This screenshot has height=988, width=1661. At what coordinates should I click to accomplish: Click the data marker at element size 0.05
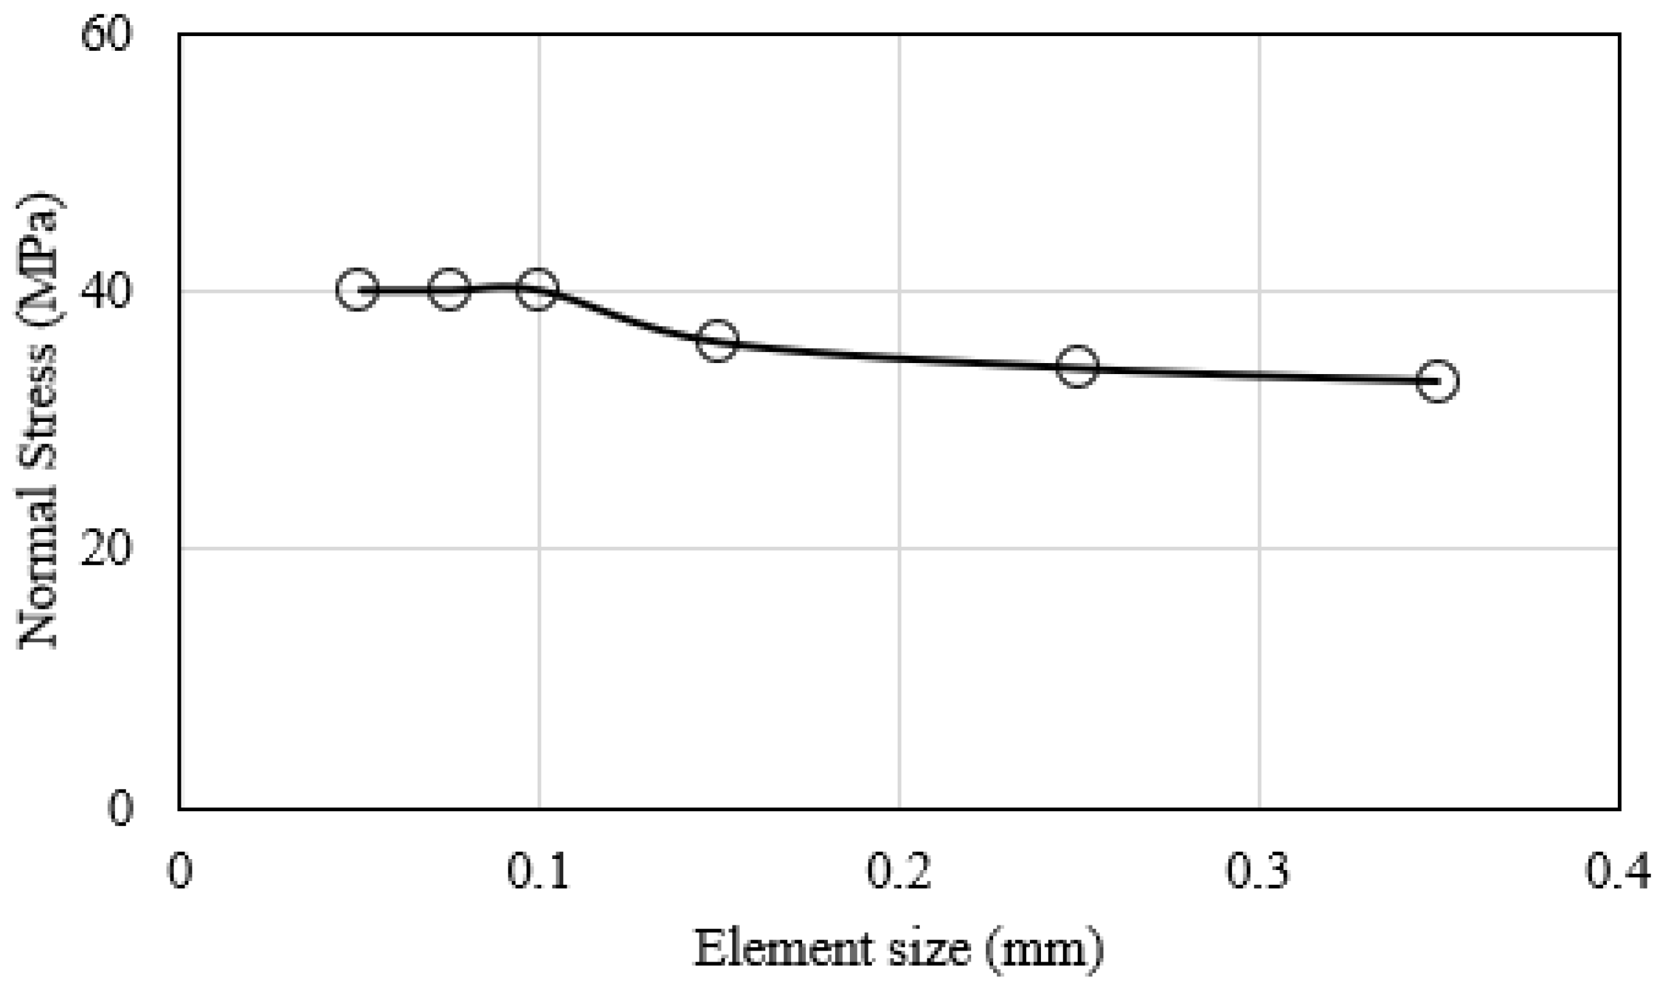point(357,290)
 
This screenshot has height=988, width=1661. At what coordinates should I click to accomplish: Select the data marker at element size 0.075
point(449,290)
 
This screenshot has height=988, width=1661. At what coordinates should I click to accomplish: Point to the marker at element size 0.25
point(1078,366)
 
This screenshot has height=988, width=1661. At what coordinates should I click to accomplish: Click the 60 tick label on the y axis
point(105,35)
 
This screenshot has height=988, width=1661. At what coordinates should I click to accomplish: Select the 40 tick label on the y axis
point(105,291)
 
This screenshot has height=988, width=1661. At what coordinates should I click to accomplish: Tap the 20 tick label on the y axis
point(105,549)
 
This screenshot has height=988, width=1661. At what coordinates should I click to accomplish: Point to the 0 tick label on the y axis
point(120,808)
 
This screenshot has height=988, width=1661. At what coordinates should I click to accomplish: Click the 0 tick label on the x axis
point(179,871)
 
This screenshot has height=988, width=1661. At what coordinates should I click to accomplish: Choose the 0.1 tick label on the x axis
point(538,871)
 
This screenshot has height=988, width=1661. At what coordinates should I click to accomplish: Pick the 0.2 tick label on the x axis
point(898,871)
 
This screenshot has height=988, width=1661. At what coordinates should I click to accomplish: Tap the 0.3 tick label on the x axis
point(1258,871)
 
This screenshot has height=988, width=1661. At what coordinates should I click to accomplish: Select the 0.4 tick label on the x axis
point(1618,871)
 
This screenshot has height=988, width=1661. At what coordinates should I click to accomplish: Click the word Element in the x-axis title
point(783,949)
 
